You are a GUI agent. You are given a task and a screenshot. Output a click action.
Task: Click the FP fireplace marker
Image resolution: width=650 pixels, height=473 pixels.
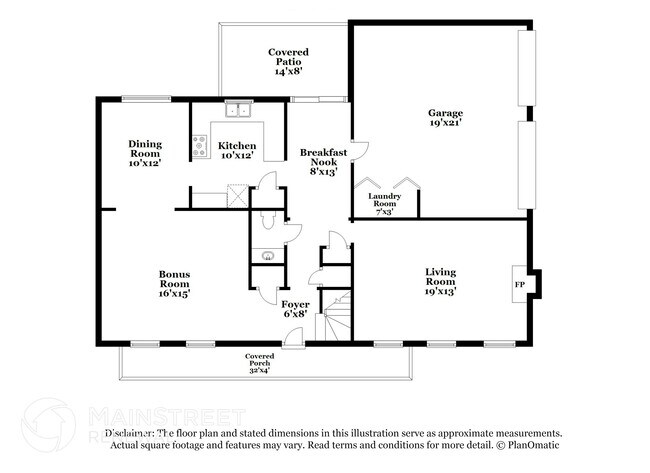(x=519, y=284)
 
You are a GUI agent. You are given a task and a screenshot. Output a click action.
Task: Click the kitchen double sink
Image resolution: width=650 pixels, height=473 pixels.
(x=237, y=111)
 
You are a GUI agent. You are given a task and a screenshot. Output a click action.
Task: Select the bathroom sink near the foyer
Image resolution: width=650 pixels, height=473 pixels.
(x=267, y=257)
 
